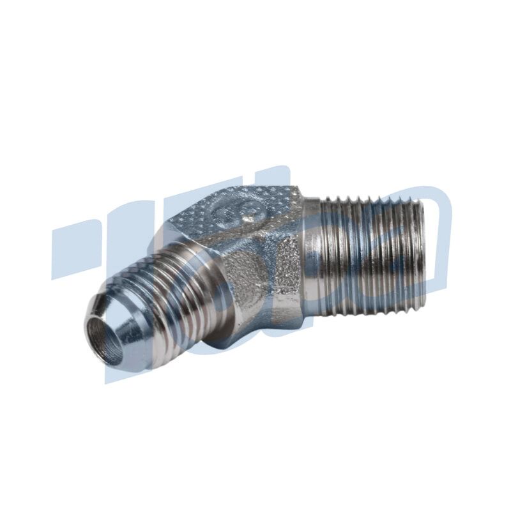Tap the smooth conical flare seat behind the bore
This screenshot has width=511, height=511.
click(x=131, y=326)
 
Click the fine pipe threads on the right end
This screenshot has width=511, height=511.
click(x=370, y=256)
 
